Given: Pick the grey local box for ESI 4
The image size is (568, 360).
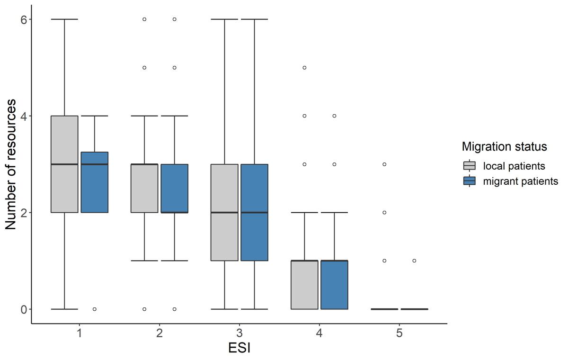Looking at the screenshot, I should click(304, 285).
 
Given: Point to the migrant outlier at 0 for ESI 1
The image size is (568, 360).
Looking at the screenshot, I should click(95, 309).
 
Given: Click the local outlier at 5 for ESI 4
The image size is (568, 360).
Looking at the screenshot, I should click(304, 68).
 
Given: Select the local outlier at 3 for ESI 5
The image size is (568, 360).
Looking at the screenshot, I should click(384, 164).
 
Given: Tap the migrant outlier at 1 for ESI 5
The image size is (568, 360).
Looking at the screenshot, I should click(414, 261).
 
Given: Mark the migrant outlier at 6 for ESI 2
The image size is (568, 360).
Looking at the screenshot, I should click(175, 19).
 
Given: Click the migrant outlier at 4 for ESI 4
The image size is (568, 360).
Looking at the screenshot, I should click(334, 116).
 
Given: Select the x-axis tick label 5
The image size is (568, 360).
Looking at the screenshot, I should click(399, 333).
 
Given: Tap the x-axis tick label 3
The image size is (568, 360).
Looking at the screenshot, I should click(240, 333).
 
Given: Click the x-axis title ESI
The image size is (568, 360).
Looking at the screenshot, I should click(239, 349).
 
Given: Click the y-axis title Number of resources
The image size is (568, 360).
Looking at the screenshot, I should click(11, 164).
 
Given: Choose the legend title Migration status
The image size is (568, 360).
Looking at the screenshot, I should click(505, 147).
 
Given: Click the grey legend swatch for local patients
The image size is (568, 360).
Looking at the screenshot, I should click(470, 166).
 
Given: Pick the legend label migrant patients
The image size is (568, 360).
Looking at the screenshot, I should click(521, 181).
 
